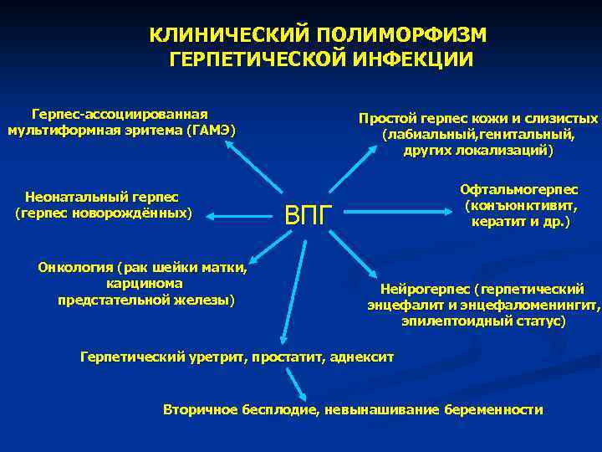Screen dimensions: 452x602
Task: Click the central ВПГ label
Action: (x=309, y=215)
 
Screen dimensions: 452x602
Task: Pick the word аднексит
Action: (x=361, y=357)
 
